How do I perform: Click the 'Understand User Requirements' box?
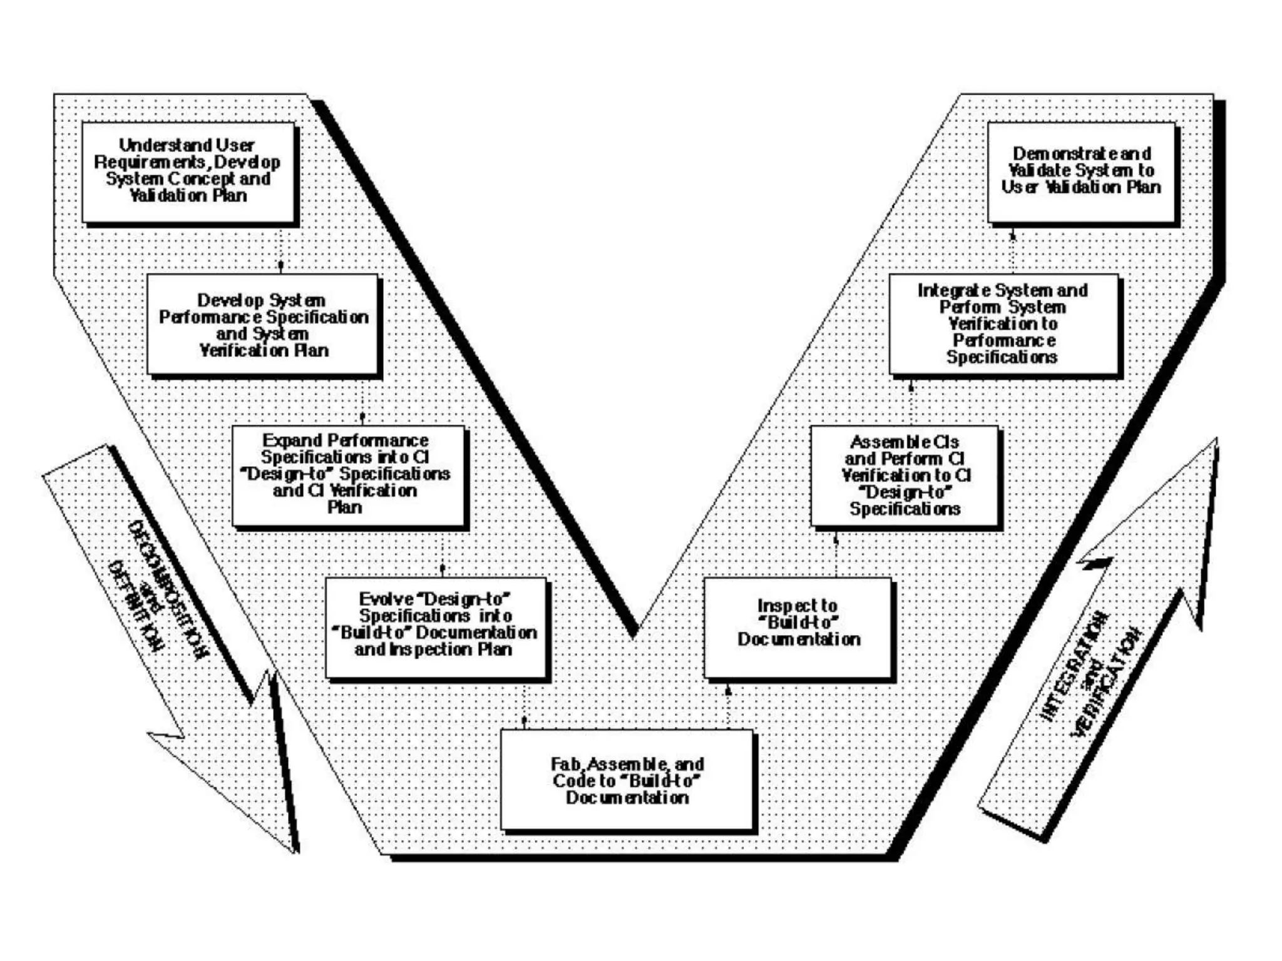tap(188, 171)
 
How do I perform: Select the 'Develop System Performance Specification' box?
tap(263, 324)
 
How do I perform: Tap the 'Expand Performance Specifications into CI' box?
tap(348, 475)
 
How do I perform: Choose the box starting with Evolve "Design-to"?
tap(436, 627)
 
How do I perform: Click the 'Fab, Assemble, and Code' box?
tap(627, 780)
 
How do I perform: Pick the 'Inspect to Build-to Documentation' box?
tap(797, 627)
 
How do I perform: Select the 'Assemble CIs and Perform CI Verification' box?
tap(905, 475)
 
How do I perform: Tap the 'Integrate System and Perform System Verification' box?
tap(1003, 324)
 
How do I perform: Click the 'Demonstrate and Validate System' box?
tap(1081, 171)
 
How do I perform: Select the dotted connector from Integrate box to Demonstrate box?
tap(1013, 250)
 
